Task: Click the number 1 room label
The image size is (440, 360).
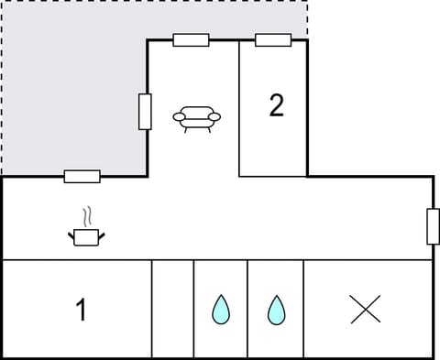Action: (81, 311)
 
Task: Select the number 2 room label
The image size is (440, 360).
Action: (276, 105)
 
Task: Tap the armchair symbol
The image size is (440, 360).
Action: (196, 118)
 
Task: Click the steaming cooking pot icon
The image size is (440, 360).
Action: (86, 237)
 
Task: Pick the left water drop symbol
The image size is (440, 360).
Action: (220, 310)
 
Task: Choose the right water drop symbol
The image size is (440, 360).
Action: (275, 310)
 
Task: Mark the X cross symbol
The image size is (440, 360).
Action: (366, 310)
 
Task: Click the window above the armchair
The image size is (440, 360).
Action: (191, 39)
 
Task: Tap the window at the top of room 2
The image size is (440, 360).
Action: (273, 39)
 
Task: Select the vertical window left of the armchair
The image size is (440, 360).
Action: (145, 112)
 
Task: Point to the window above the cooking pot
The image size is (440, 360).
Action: (82, 176)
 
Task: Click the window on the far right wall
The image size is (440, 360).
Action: (433, 226)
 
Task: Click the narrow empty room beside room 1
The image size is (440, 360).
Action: (172, 310)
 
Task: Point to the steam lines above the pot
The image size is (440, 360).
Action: (87, 216)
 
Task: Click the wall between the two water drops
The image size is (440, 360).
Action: (247, 310)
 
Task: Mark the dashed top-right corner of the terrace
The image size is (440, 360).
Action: (307, 2)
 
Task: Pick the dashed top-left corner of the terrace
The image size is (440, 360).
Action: (2, 2)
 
